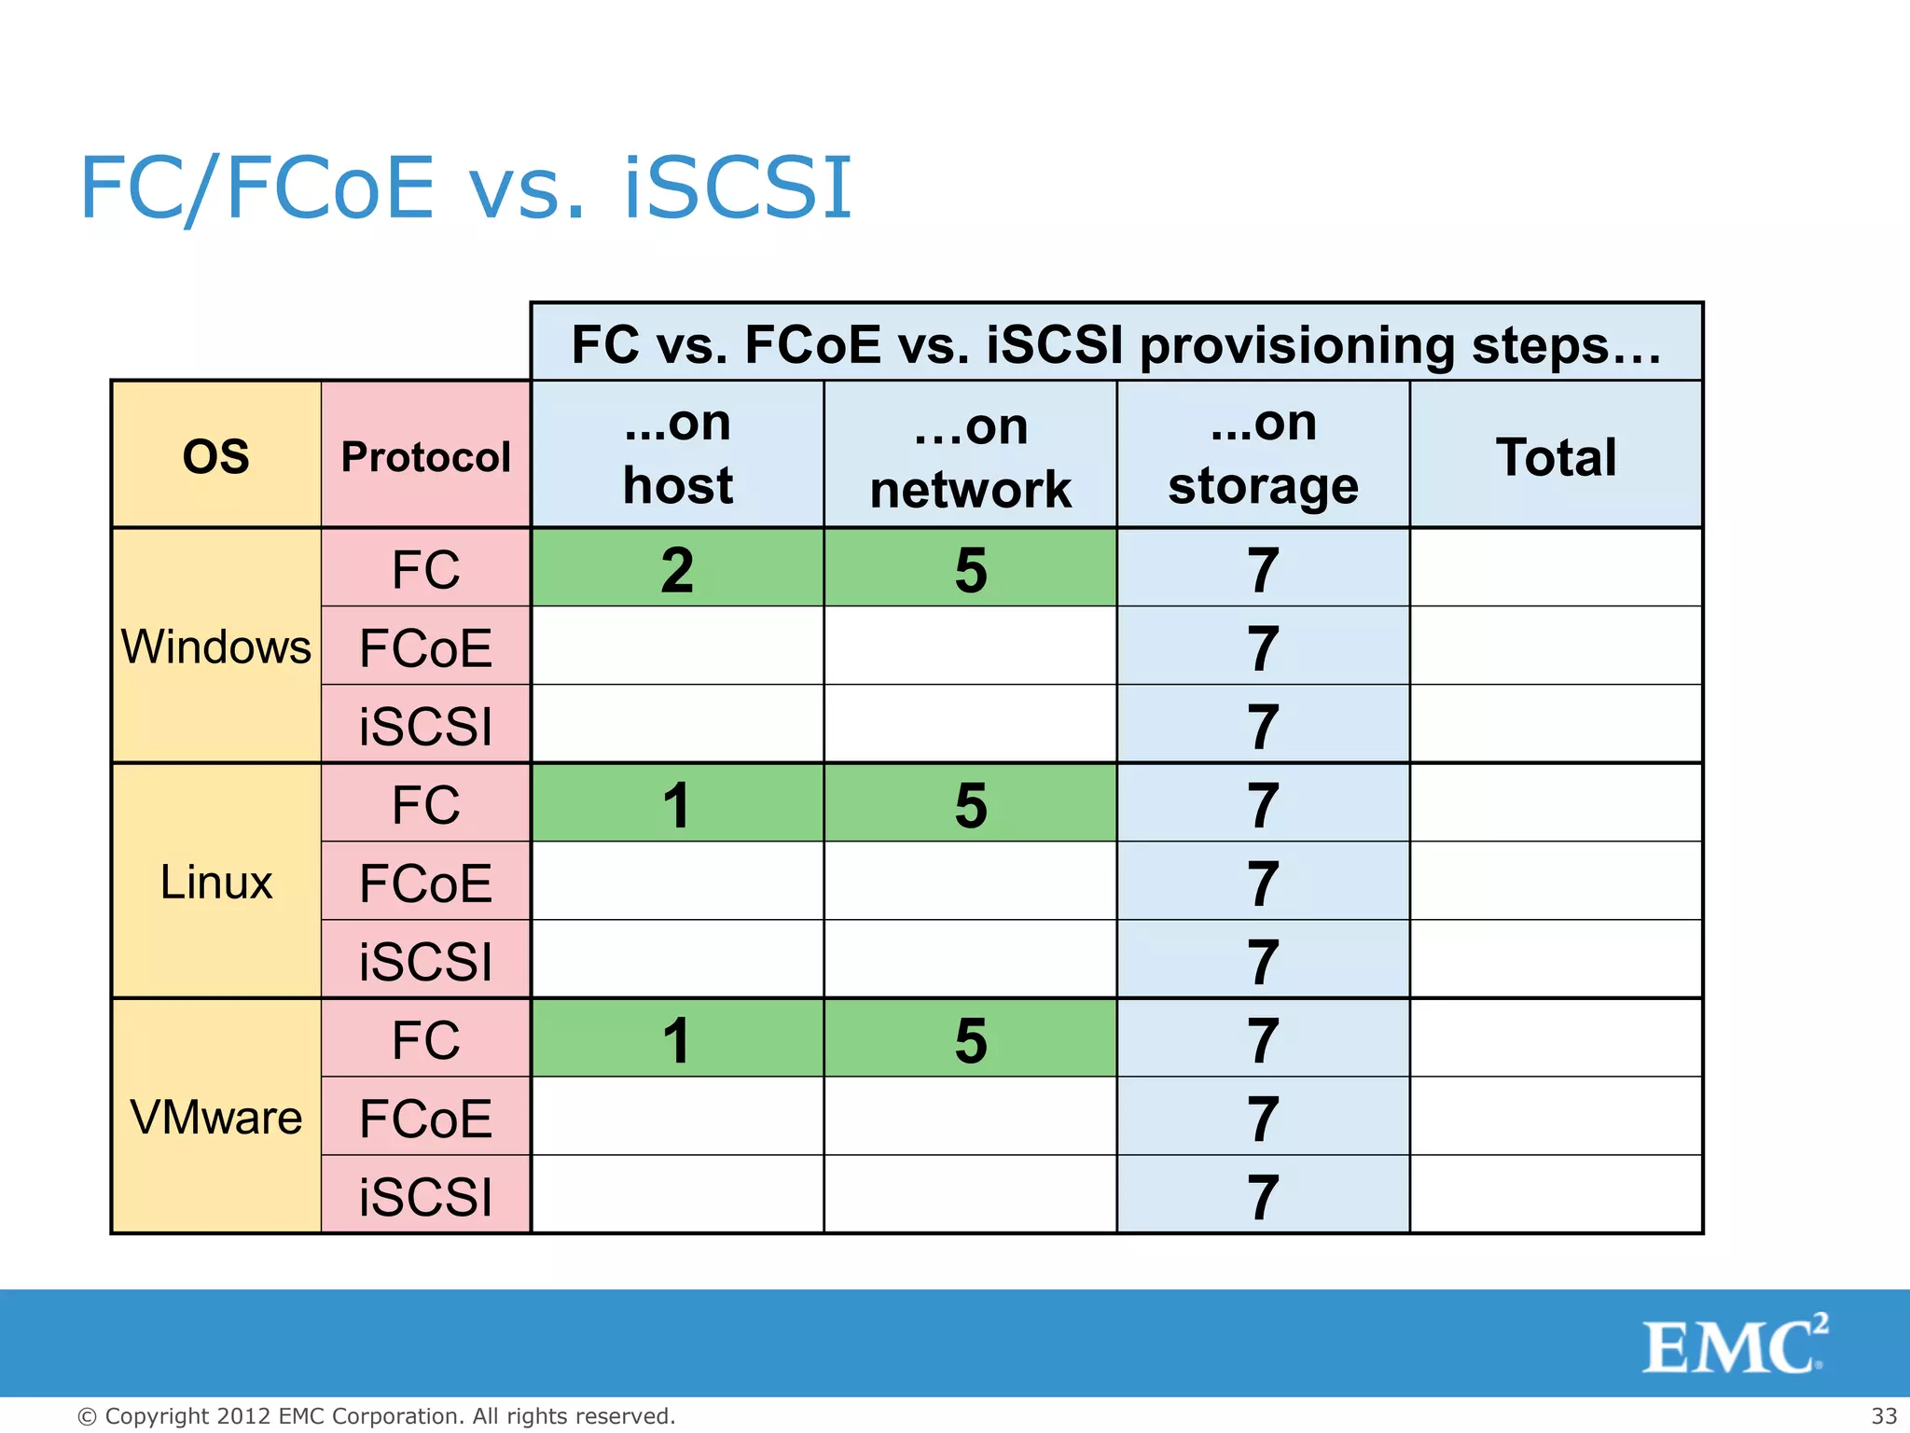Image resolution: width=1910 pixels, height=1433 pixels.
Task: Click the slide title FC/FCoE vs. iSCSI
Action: [465, 188]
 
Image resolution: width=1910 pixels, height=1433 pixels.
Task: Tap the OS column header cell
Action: [215, 456]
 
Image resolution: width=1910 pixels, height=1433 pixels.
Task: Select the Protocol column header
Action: [425, 456]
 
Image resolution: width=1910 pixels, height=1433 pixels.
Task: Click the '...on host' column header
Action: [677, 454]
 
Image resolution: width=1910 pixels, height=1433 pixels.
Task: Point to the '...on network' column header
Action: [970, 457]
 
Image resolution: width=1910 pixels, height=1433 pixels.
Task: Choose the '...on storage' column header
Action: [1263, 454]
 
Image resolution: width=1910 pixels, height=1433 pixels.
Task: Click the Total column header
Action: [1556, 456]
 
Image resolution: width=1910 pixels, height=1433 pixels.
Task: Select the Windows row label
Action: [215, 647]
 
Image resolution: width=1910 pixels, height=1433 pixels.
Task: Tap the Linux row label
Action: [215, 882]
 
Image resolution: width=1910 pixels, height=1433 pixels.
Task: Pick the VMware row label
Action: [215, 1117]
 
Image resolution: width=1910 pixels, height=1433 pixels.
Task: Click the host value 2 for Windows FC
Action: [677, 569]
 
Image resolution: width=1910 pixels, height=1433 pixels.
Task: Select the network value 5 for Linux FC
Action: [970, 804]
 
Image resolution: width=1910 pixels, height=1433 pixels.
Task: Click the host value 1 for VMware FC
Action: [677, 1039]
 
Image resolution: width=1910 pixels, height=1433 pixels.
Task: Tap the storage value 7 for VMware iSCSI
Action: [1263, 1196]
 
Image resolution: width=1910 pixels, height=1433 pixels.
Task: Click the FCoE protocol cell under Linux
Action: [425, 883]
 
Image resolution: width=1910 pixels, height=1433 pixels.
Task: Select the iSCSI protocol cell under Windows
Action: [425, 726]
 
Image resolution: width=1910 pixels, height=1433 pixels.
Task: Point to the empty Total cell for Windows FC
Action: [1556, 568]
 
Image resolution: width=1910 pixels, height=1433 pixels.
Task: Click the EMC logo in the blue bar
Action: [1733, 1344]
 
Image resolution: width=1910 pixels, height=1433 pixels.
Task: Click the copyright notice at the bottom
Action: [376, 1415]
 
